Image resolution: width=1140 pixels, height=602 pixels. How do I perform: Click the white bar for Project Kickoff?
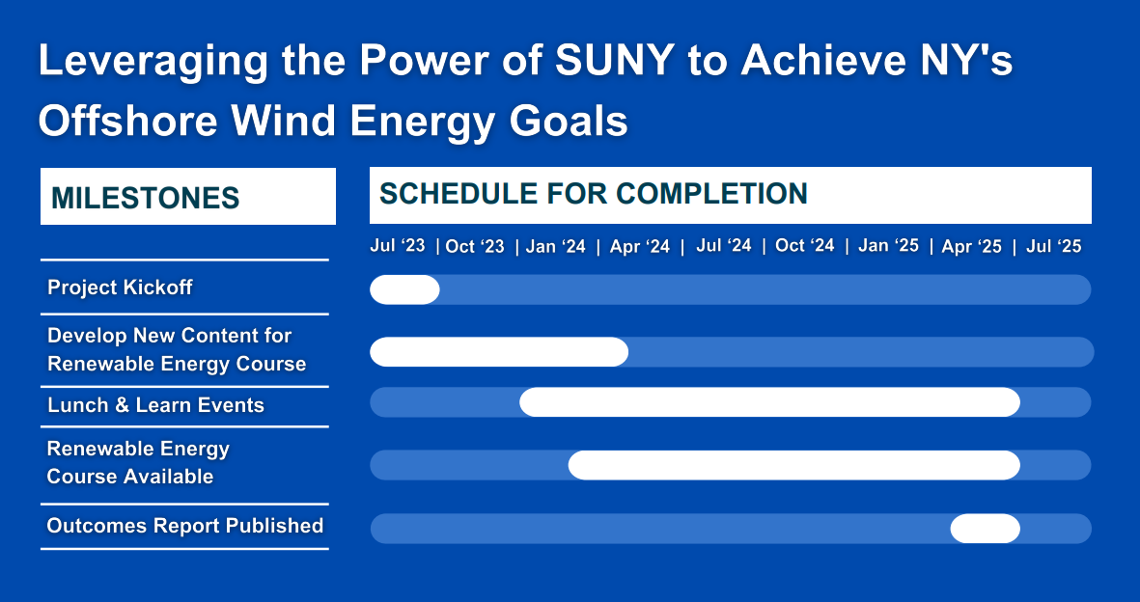point(404,289)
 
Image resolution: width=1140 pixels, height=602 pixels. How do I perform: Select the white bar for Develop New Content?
point(499,352)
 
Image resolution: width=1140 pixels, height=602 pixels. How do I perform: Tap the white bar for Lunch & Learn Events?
point(769,402)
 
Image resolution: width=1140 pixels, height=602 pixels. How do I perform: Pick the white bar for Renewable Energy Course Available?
point(793,465)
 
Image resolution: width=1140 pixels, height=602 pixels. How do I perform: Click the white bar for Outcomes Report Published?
point(986,529)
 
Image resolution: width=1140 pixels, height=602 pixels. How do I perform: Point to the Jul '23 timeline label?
point(398,245)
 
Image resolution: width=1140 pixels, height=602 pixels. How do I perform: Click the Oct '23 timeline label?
point(475,246)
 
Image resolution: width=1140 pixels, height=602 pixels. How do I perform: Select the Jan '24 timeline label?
point(555,246)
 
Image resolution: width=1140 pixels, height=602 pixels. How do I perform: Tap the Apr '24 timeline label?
point(640,246)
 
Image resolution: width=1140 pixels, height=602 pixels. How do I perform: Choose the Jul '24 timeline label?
point(723,245)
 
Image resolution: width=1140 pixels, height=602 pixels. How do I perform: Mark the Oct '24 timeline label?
point(805,245)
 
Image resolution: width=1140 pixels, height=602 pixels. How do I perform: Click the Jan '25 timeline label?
point(888,245)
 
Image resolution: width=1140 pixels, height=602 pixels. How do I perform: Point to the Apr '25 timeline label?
point(972,246)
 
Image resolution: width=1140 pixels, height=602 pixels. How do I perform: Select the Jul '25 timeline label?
point(1054,246)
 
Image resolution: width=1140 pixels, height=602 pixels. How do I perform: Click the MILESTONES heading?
point(146,198)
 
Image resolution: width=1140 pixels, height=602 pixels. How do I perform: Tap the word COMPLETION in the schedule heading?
point(711,193)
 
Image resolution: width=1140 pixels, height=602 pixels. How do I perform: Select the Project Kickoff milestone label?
point(120,287)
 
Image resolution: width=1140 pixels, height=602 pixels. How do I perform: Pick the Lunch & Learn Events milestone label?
point(155,405)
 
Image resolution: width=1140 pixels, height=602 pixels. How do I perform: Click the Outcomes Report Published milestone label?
point(184,526)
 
